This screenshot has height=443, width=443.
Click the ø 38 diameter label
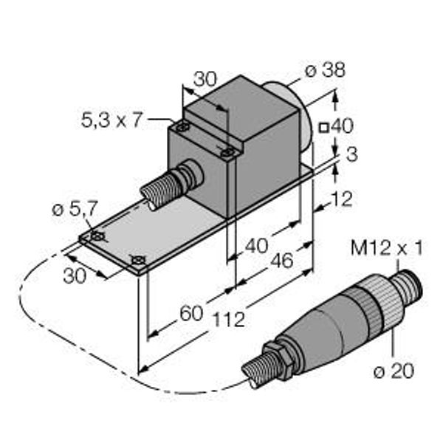tap(325, 70)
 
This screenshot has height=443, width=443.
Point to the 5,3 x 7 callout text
tap(111, 120)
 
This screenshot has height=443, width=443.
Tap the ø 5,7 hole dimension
tap(75, 209)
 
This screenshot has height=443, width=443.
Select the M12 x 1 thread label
tap(386, 248)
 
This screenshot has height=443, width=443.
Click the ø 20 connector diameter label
tap(394, 371)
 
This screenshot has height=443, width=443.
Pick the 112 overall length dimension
tap(229, 320)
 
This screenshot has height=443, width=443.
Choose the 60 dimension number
tap(191, 313)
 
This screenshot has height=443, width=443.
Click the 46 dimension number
tap(282, 261)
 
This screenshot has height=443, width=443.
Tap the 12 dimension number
tap(342, 199)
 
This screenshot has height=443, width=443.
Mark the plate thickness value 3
tap(352, 154)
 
